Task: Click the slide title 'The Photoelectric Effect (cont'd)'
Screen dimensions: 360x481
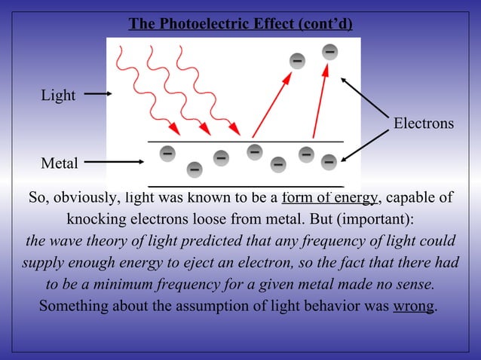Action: (240, 24)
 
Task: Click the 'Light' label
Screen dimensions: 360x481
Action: (58, 96)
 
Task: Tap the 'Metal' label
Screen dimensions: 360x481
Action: (60, 163)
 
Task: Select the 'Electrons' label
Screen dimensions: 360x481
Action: (424, 123)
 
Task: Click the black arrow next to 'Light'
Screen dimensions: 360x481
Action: (97, 94)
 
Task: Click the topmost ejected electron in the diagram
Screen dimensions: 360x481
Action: (330, 52)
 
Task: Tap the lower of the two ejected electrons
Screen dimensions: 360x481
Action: (298, 60)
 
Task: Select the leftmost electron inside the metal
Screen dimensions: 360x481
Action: (167, 153)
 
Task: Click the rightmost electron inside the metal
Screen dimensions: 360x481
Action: (329, 162)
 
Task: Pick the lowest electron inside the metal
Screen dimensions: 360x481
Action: (195, 169)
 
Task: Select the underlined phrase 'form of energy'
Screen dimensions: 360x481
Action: (329, 198)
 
